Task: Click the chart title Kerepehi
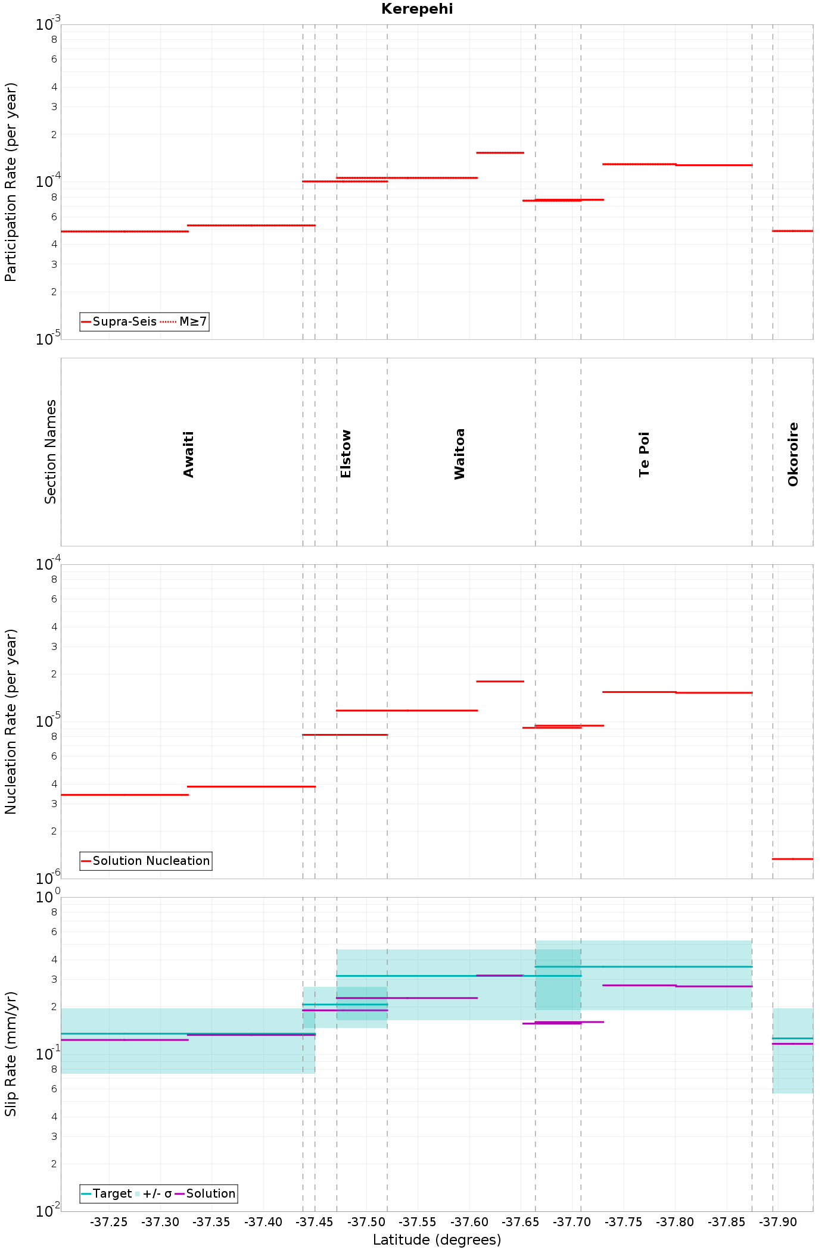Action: tap(417, 9)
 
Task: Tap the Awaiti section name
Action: tap(189, 455)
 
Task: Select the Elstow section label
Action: tap(346, 454)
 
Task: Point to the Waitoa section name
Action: tap(459, 454)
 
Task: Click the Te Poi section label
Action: tap(644, 454)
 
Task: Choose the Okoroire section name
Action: tap(793, 454)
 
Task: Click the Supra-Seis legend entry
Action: tap(119, 322)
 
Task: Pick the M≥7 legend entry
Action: tap(184, 322)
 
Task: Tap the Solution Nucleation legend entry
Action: tap(145, 861)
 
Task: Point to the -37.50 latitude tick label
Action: tap(366, 1223)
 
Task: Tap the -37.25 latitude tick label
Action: tap(109, 1223)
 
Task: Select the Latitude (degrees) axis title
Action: tap(437, 1240)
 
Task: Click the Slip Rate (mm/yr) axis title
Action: tap(11, 1054)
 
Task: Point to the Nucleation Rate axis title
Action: tap(11, 721)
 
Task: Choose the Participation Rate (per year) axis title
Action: tap(11, 182)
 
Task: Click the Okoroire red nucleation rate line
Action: tap(792, 859)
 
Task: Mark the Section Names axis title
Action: tap(51, 452)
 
